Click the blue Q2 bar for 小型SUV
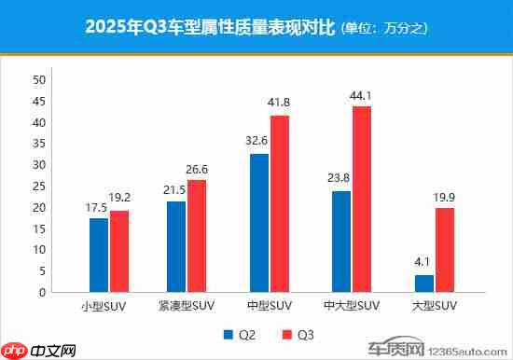[99, 255]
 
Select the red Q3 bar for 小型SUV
[118, 251]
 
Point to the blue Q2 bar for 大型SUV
[423, 284]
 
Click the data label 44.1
[361, 96]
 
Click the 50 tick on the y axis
[39, 80]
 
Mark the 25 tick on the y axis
[39, 187]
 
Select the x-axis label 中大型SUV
[351, 306]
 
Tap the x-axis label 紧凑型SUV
[187, 306]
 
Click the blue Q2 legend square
[227, 332]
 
